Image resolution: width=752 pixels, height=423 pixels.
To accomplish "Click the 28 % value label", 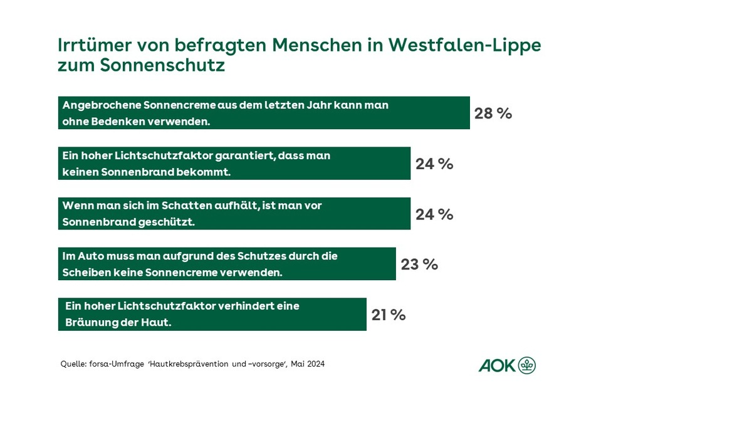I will coord(493,113).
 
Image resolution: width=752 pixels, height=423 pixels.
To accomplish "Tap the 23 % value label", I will coord(419,264).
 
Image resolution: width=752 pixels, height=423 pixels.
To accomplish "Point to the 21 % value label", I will coord(388,315).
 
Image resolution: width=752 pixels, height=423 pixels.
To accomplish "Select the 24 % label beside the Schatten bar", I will coord(434,214).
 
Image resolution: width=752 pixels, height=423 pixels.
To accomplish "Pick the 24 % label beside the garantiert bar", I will coord(434,164).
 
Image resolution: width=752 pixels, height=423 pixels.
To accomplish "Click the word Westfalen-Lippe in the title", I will coord(464,46).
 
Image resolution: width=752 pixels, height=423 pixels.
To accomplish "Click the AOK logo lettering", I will coord(497,366).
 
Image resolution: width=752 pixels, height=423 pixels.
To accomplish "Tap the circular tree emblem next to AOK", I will coord(527,365).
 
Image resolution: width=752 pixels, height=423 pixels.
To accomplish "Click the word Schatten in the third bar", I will coord(169,206).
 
